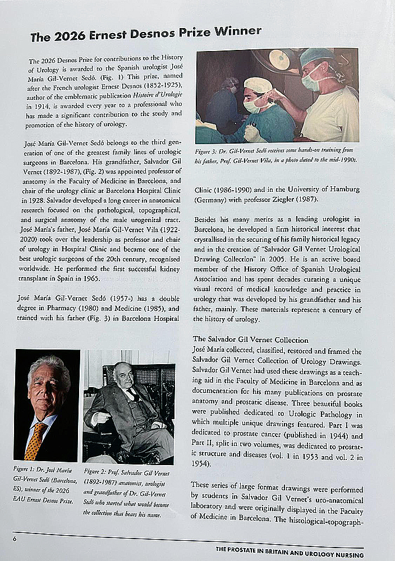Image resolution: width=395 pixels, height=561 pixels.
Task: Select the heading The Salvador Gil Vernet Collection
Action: click(x=250, y=339)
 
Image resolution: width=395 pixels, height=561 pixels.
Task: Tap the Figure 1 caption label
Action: click(x=27, y=468)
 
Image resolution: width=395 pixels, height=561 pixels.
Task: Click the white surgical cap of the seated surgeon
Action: click(x=258, y=85)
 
